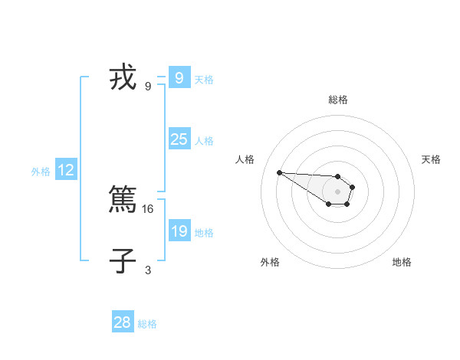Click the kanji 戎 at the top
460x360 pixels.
[123, 79]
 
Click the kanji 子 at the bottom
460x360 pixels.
[123, 262]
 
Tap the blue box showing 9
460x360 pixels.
[179, 78]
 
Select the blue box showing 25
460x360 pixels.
[179, 139]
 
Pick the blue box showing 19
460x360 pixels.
[179, 231]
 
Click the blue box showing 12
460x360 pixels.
[66, 170]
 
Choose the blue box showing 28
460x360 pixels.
[123, 322]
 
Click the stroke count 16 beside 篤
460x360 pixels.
[149, 208]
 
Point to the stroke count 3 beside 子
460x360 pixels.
[148, 270]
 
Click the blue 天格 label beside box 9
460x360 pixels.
[204, 80]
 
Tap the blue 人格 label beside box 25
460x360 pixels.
[204, 141]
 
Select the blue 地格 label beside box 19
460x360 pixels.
[204, 233]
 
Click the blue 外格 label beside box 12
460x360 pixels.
[41, 172]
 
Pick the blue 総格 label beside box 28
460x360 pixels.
[147, 324]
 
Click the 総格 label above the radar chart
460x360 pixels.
[338, 100]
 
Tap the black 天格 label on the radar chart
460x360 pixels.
[431, 159]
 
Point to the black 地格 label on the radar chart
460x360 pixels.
[402, 262]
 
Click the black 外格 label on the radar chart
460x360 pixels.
[270, 262]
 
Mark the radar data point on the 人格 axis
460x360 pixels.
[279, 172]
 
